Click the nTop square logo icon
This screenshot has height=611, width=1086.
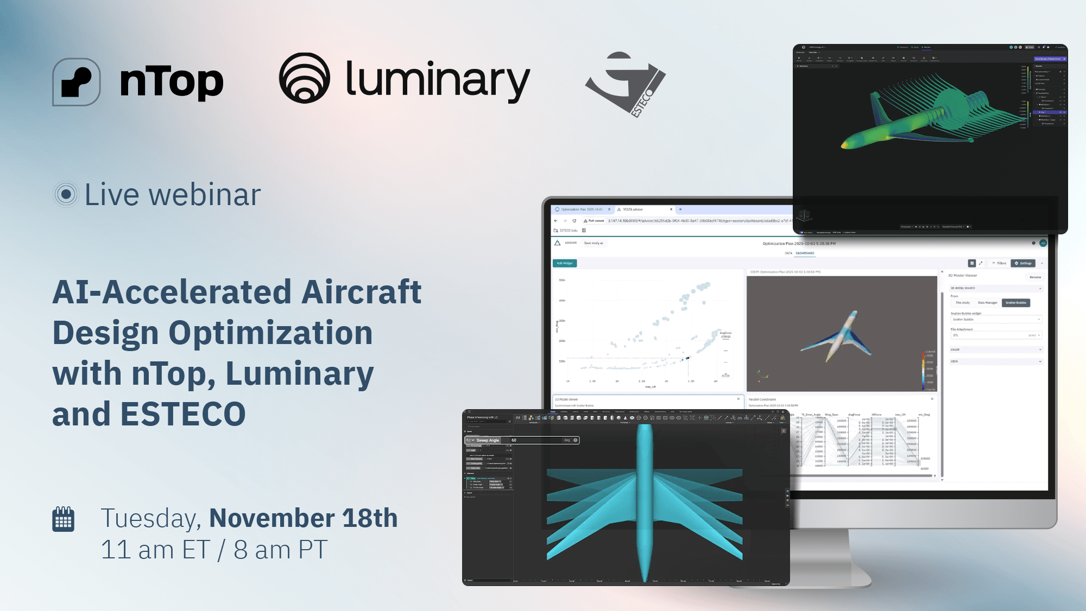click(77, 82)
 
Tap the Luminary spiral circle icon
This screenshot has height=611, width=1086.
click(305, 78)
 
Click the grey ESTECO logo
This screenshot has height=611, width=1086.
click(626, 83)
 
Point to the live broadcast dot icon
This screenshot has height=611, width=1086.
click(66, 194)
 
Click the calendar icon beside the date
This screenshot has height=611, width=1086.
click(63, 519)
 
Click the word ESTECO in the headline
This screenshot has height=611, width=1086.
click(183, 414)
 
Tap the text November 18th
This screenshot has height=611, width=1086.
click(303, 518)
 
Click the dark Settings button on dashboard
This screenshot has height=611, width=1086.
click(1023, 263)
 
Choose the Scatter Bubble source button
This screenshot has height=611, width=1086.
click(1015, 303)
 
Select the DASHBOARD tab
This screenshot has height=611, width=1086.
click(805, 253)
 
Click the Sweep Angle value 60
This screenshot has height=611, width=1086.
click(514, 440)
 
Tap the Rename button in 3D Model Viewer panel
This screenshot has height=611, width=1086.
click(1035, 277)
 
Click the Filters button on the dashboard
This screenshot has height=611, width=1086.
click(999, 263)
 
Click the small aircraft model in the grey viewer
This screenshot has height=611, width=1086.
click(839, 336)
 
